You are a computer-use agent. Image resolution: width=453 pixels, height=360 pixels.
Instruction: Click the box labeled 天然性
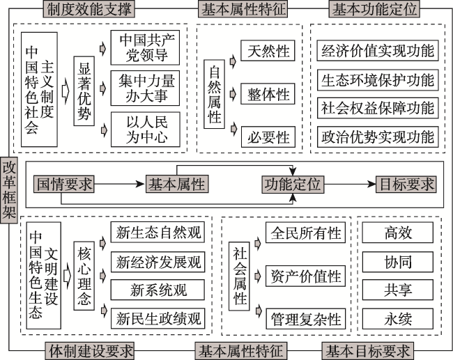tap(268, 51)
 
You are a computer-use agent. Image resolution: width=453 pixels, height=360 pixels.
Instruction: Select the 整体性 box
tap(268, 94)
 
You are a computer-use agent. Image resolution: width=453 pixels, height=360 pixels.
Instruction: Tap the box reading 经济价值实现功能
tap(378, 51)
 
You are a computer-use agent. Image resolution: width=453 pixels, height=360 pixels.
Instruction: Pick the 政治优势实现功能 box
tap(378, 137)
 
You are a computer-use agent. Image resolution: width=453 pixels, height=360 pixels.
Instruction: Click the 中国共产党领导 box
tap(145, 47)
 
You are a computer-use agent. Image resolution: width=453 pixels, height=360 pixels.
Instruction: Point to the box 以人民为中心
tap(146, 130)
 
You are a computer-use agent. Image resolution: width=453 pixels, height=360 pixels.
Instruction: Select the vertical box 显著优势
tap(84, 91)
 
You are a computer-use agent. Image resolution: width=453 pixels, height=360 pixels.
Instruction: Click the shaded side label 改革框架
tap(9, 190)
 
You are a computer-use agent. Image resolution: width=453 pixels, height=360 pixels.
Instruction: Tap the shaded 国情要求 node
tap(64, 185)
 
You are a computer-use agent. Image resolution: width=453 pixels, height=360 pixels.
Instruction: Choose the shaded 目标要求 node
tap(406, 185)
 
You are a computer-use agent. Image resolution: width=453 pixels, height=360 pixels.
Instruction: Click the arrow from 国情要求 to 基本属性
tap(120, 185)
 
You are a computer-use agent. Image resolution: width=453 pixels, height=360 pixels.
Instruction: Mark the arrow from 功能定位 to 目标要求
tap(350, 185)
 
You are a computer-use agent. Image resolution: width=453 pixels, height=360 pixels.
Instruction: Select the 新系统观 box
tap(158, 290)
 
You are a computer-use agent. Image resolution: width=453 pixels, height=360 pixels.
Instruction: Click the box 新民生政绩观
tap(158, 318)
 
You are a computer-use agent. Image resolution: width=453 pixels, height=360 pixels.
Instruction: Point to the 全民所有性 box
tap(305, 233)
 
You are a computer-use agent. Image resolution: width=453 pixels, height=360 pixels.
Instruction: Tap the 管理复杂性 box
tap(305, 319)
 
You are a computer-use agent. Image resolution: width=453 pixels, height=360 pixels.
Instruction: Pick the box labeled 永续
tap(398, 319)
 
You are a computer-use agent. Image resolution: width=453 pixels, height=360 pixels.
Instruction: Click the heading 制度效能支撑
tap(89, 9)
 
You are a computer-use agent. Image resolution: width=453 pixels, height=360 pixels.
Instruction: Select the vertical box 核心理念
tap(84, 276)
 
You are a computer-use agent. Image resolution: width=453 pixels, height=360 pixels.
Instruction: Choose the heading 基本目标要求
tap(368, 351)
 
